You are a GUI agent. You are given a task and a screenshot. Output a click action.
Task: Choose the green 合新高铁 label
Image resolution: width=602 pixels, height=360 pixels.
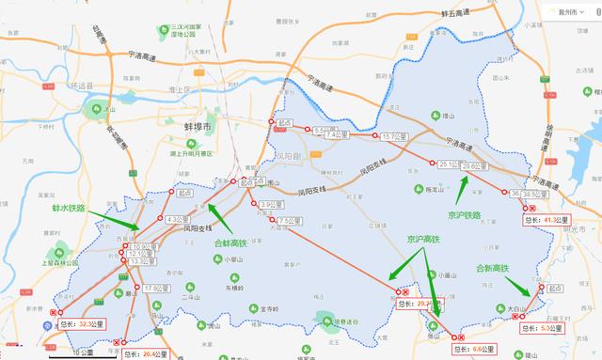pyautogui.click(x=492, y=269)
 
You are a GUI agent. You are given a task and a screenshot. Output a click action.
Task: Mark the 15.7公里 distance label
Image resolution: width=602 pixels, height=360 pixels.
pyautogui.click(x=393, y=137)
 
